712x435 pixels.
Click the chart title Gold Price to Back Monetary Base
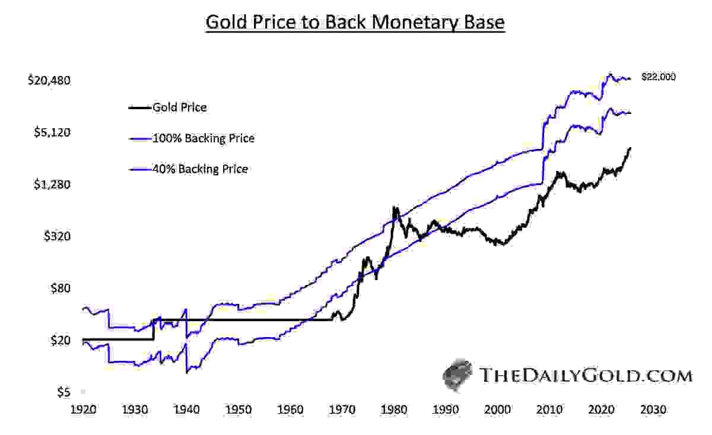pos(355,23)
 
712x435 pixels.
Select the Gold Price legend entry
pos(179,107)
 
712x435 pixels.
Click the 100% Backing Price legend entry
pos(203,138)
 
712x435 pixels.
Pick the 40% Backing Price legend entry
pos(200,169)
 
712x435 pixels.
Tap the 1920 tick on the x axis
pos(83,410)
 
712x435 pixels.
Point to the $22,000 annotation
pos(659,77)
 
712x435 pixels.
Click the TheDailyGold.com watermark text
pos(585,376)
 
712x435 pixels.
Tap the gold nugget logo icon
pos(458,374)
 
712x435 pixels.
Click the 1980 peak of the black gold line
pos(395,208)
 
